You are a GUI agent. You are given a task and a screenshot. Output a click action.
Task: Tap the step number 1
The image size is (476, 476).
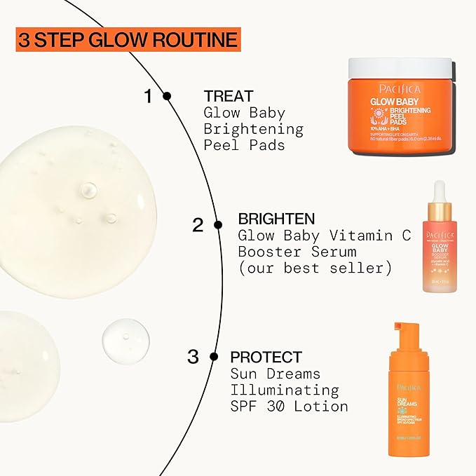(x=148, y=96)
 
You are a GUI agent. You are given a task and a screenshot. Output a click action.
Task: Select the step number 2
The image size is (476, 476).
(x=198, y=225)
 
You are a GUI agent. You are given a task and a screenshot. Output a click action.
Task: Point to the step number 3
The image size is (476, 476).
(x=193, y=357)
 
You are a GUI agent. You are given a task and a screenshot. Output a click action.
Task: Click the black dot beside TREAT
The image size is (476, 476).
(x=167, y=96)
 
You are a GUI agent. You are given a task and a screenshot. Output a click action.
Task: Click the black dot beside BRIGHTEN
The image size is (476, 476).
(x=218, y=225)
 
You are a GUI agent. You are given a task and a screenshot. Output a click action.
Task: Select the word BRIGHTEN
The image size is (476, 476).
(x=276, y=219)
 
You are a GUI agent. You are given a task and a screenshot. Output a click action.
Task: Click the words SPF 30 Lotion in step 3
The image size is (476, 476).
(x=289, y=406)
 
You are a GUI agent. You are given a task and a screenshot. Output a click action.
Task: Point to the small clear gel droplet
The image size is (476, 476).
(x=125, y=339)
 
